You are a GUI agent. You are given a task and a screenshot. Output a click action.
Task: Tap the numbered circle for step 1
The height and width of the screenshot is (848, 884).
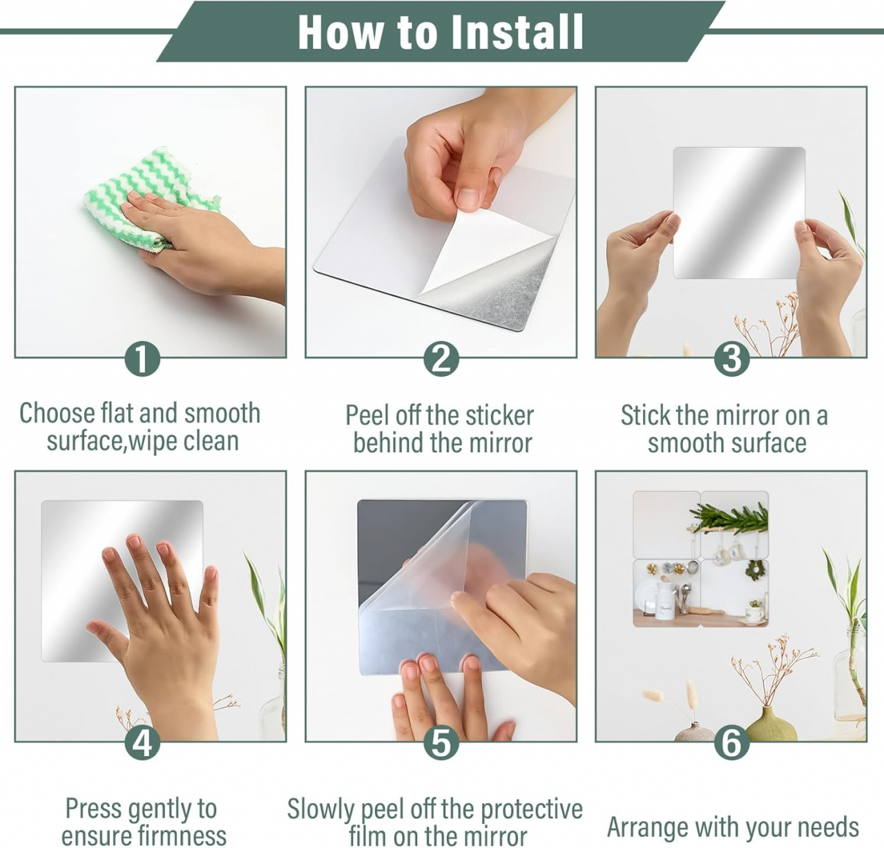142,359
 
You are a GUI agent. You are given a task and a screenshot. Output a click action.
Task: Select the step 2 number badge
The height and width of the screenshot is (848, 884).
441,359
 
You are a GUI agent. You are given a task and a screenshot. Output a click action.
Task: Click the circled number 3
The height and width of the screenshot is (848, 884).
731,359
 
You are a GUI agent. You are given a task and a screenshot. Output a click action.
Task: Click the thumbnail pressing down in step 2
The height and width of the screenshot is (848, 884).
468,197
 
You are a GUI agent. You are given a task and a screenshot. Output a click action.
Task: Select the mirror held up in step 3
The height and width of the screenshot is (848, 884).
739,213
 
